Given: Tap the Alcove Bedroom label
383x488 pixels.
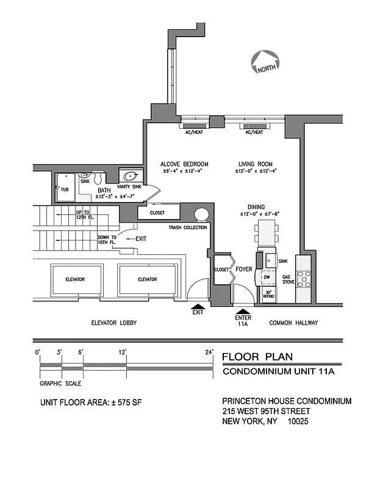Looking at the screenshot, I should pos(184,164).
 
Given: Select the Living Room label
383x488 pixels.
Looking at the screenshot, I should pos(255,164).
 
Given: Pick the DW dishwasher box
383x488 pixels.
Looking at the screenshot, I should pos(267,278).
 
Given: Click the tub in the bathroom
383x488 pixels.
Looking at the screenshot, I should pos(65,189).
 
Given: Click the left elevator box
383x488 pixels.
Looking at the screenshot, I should pos(76,279).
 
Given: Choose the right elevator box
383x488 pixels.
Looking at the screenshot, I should pos(147,279).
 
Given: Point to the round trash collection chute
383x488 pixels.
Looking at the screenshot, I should pos(202,215).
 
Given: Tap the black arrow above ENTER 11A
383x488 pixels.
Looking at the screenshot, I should pos(243,310).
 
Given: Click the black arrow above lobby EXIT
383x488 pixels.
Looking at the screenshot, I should pos(198,307).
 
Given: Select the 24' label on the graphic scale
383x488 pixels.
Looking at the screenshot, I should pos(210,353).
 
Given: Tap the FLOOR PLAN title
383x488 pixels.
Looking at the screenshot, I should pos(257,357).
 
